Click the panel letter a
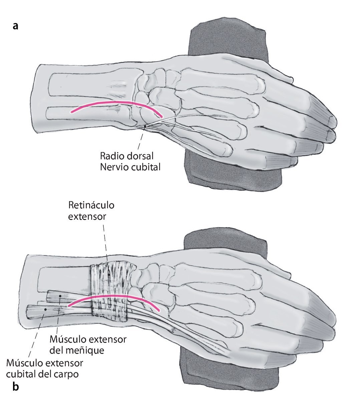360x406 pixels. (15, 26)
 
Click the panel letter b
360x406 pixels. (15, 387)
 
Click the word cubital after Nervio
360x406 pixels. (145, 167)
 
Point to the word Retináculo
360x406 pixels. (91, 205)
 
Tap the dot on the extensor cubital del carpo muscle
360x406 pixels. (45, 310)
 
